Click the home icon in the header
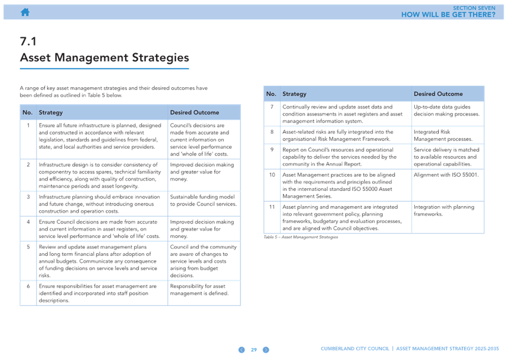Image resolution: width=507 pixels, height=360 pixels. [x=25, y=13]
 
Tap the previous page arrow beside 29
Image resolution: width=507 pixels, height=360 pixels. [x=242, y=350]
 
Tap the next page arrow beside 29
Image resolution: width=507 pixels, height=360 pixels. [x=266, y=350]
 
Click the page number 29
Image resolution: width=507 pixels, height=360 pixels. [x=254, y=350]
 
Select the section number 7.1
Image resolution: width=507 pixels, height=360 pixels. [x=28, y=41]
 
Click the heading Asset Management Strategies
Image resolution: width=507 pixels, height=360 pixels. [x=105, y=58]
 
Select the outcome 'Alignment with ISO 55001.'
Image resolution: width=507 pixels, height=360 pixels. [x=446, y=175]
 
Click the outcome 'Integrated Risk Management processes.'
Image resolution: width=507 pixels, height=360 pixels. [x=443, y=135]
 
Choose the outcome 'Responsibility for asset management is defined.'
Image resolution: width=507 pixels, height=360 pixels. [x=199, y=290]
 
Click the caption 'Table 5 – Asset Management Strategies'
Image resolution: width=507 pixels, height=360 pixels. [x=301, y=237]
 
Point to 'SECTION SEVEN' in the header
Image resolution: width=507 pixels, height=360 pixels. [x=474, y=8]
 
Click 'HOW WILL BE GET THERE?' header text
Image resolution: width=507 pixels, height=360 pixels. [x=448, y=15]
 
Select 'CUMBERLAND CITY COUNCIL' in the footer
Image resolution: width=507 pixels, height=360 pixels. [x=355, y=349]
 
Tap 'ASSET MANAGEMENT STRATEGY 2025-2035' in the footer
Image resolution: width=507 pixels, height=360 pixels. [x=448, y=349]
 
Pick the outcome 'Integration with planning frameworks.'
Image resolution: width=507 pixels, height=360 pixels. [x=444, y=210]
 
